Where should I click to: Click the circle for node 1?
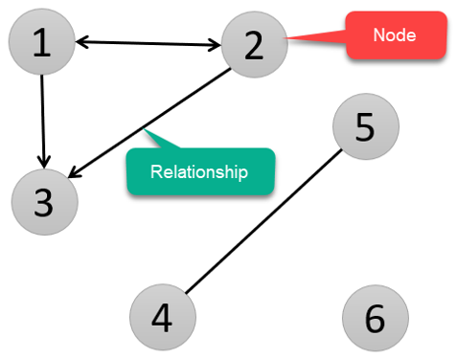[41, 42]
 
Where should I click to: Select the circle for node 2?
[254, 44]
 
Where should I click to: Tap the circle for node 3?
[43, 202]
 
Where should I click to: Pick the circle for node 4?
[163, 316]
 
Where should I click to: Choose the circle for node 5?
[365, 127]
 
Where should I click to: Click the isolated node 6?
[375, 317]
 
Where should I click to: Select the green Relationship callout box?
[200, 171]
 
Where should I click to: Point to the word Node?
[396, 35]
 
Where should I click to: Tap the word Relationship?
[199, 172]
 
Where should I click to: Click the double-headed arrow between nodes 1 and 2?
[148, 42]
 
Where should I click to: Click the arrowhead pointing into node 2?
[216, 43]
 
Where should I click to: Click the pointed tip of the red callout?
[288, 38]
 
